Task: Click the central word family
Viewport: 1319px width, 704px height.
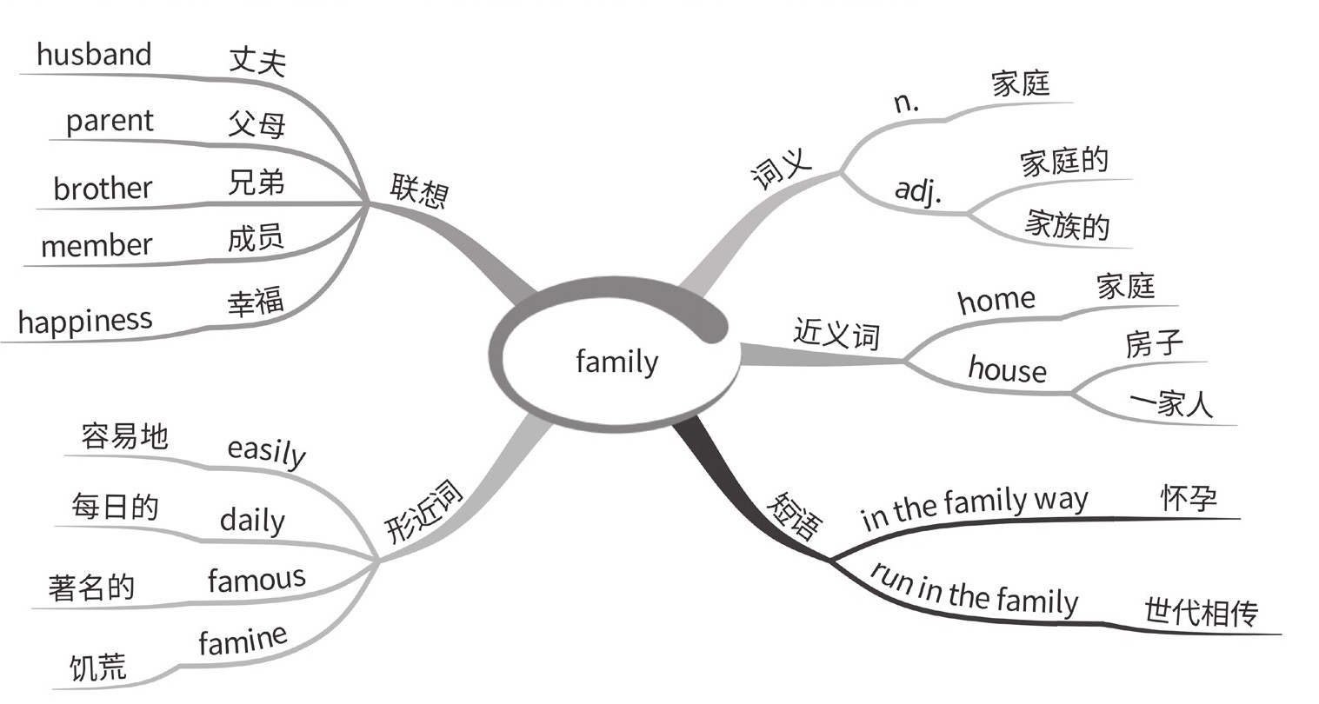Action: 616,360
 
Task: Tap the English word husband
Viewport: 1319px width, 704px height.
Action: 94,55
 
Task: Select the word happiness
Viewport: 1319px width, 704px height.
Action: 84,322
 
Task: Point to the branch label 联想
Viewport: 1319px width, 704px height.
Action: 418,190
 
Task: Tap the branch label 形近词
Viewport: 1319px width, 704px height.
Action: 425,514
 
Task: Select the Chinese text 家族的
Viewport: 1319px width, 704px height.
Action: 1067,225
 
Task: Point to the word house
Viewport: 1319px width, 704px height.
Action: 1007,369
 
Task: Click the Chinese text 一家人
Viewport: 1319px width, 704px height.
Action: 1171,404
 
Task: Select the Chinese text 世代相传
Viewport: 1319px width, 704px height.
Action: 1201,613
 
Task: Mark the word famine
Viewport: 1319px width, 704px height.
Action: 243,641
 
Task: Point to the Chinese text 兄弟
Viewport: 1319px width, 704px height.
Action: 256,183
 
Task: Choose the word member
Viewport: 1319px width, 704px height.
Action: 97,246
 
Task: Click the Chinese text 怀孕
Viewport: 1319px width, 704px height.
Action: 1189,498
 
